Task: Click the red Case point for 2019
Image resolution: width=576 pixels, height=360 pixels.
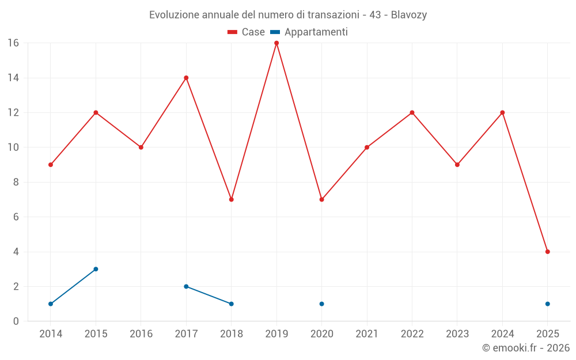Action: pos(276,43)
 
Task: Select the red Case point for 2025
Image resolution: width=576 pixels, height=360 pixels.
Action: pos(548,252)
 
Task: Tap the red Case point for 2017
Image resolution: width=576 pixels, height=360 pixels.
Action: pos(186,78)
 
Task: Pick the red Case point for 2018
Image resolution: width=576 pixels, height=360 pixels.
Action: pos(232,199)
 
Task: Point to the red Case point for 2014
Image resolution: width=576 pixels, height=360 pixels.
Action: pos(51,165)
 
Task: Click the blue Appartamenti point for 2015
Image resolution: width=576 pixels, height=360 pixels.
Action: pos(96,269)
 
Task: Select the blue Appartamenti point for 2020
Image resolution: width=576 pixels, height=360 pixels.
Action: pos(321,304)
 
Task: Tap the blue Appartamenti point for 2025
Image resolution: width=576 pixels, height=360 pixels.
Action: pos(548,304)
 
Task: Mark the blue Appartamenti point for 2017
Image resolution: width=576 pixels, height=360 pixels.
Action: pos(186,286)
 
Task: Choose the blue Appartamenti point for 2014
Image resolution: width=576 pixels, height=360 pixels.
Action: pos(51,304)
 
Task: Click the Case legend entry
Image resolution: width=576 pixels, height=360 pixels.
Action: pos(246,32)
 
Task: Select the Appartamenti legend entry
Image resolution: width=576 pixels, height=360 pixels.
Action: pos(309,32)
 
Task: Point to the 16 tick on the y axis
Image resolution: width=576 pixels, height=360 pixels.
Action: pos(13,43)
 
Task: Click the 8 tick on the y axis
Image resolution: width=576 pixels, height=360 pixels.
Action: pos(16,182)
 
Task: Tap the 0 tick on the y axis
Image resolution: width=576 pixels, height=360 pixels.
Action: pos(16,321)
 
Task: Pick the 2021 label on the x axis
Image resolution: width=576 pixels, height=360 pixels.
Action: pos(367,334)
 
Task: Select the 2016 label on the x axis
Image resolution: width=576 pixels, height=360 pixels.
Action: pos(141,334)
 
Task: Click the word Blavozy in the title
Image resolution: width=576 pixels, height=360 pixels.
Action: pos(408,15)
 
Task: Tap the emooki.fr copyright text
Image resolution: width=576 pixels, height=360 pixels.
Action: pos(526,348)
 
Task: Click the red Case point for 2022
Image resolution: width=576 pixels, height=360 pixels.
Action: pos(412,112)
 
